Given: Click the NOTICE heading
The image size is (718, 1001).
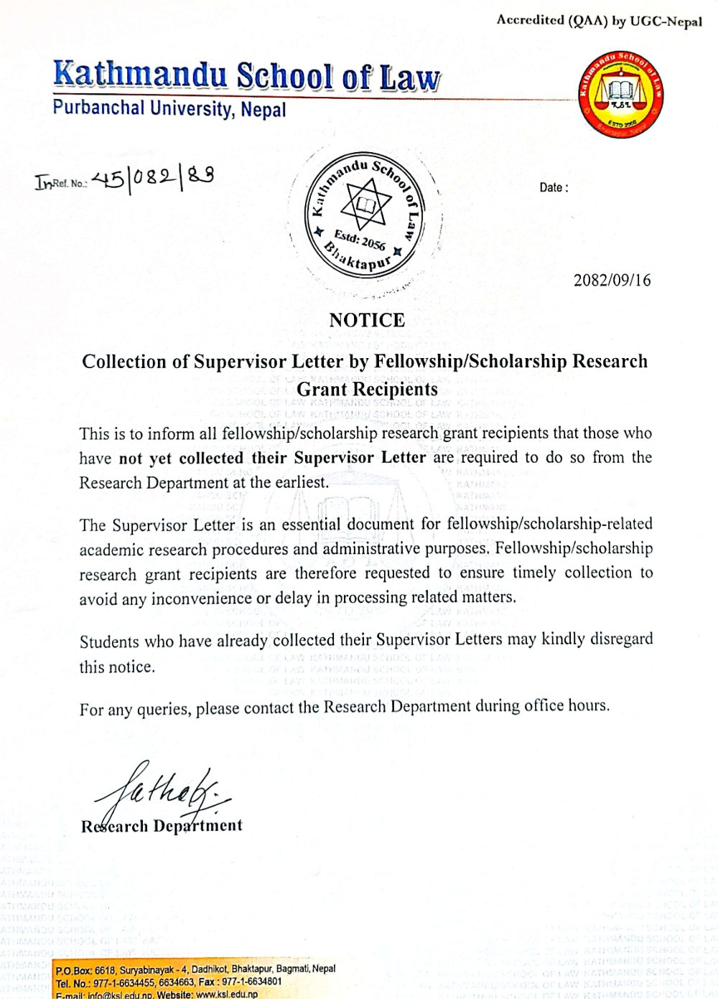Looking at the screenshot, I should coord(367,320).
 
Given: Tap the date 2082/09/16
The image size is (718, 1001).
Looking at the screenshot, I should coord(612,281).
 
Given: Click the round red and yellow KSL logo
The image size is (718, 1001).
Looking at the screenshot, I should coord(620,92).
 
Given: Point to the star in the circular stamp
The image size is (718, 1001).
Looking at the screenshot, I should coord(365,205).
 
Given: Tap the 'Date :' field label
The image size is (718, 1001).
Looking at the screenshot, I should coord(554,188).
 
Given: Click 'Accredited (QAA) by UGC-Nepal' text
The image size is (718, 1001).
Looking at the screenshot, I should coord(599,21).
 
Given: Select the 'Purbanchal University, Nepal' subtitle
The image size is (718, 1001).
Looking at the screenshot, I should coord(169,109).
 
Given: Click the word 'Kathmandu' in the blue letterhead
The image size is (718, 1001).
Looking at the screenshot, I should coord(141,75).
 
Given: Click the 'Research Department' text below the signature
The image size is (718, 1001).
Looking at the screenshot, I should coord(162,826).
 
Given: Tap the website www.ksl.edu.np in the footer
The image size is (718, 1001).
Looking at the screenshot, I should coord(226,995).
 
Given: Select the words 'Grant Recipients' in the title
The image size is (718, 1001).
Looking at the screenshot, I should coord(367,390).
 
